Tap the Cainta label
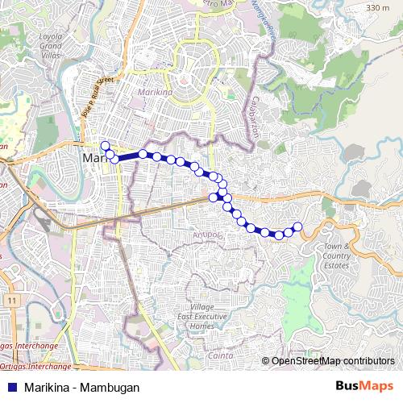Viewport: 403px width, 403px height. (x=220, y=355)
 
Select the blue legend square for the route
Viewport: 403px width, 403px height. (x=10, y=387)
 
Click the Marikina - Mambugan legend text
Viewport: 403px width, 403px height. (x=77, y=387)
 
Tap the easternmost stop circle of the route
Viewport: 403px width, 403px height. (x=297, y=226)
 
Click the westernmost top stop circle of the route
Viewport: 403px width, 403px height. (x=105, y=145)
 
